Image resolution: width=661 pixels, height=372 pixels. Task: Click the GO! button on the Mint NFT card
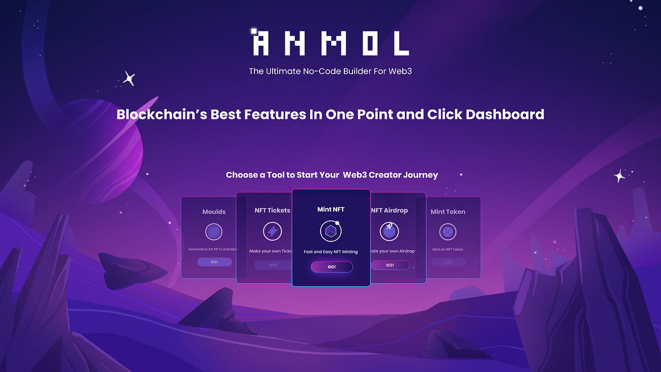(332, 267)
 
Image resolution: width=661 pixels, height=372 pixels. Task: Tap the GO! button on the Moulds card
(214, 262)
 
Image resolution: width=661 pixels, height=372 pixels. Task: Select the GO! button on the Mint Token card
(448, 262)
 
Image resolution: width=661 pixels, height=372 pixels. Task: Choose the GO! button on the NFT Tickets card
(273, 265)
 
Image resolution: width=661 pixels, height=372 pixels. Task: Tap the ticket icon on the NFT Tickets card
(273, 231)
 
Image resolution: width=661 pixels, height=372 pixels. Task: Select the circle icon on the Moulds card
(214, 231)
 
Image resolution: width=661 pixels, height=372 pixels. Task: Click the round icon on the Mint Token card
(448, 231)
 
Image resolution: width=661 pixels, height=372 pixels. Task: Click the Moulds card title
(214, 212)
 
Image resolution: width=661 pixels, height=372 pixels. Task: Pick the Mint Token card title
(448, 212)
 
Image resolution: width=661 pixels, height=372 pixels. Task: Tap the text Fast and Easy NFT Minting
(331, 252)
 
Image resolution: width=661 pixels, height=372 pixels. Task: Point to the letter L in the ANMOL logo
(401, 43)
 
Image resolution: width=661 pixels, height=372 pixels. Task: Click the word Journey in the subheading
(420, 175)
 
